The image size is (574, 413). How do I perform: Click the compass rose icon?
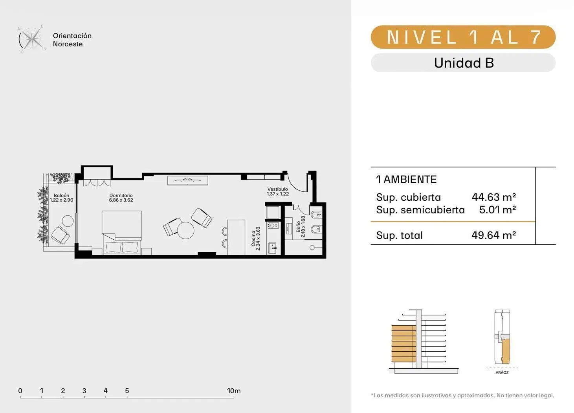[32, 39]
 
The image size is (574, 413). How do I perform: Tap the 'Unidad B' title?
[464, 63]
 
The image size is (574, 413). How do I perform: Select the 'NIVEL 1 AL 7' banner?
[463, 37]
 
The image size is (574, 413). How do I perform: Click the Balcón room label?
[62, 195]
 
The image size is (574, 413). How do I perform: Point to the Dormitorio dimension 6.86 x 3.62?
[121, 200]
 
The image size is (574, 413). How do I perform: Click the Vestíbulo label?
[277, 189]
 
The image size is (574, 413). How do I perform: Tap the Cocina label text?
[253, 239]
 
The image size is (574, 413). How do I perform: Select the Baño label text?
[298, 227]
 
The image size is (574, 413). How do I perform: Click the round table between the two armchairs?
[185, 230]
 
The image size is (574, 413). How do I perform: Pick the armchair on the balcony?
[60, 235]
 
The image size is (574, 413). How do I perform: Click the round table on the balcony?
[68, 221]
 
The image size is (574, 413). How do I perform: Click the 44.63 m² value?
[494, 197]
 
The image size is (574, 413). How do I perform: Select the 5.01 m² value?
[497, 209]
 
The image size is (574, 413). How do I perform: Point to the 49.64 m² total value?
[493, 235]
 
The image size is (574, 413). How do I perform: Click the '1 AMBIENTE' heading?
[406, 180]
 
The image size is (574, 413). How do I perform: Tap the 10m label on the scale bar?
[234, 391]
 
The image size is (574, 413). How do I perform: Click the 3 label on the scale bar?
[84, 391]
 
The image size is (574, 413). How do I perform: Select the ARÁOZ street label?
[502, 373]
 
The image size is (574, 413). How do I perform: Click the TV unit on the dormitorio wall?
[187, 180]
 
